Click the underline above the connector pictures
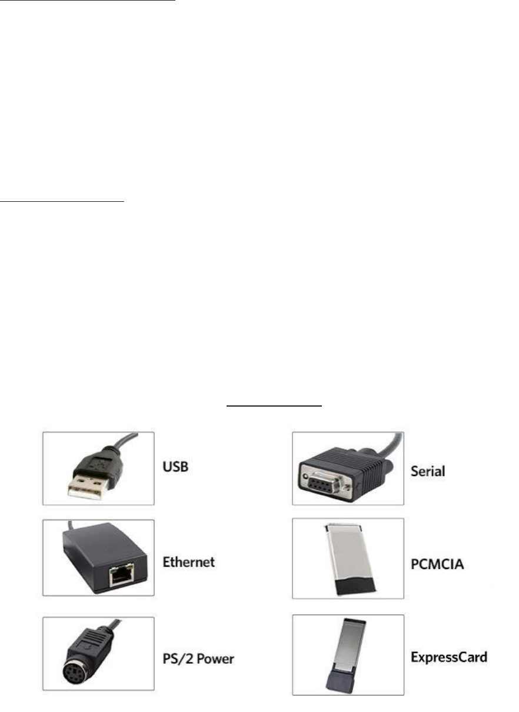tap(275, 405)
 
